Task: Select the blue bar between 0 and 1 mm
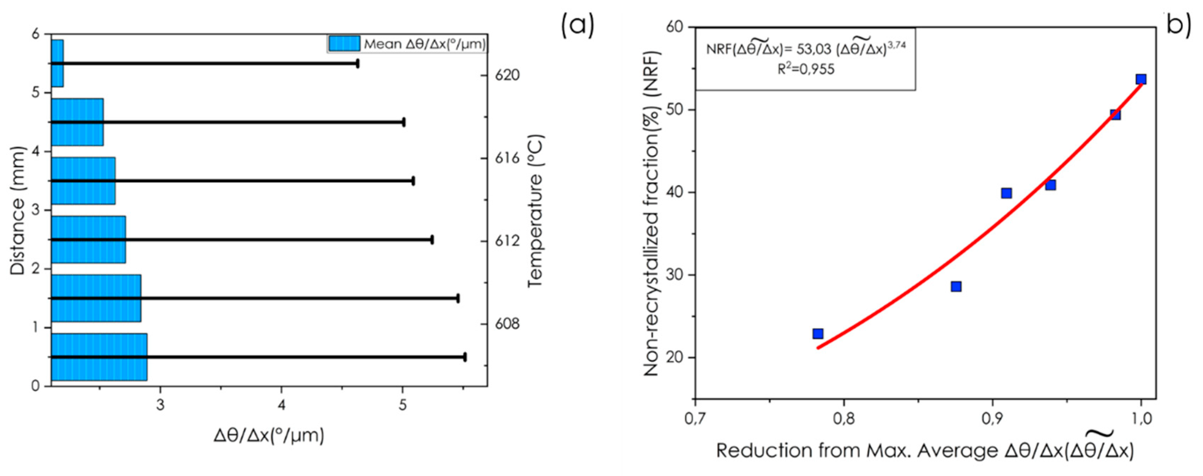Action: [99, 357]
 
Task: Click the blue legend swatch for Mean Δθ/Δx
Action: [344, 44]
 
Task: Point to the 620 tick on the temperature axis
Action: [507, 75]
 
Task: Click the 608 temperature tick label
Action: [507, 324]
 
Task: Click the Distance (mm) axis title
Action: [17, 210]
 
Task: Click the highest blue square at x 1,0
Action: [1141, 79]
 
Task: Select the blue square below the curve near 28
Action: [956, 286]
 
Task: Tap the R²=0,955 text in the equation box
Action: [806, 69]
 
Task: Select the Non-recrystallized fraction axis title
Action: [652, 213]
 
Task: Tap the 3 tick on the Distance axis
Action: [35, 210]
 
